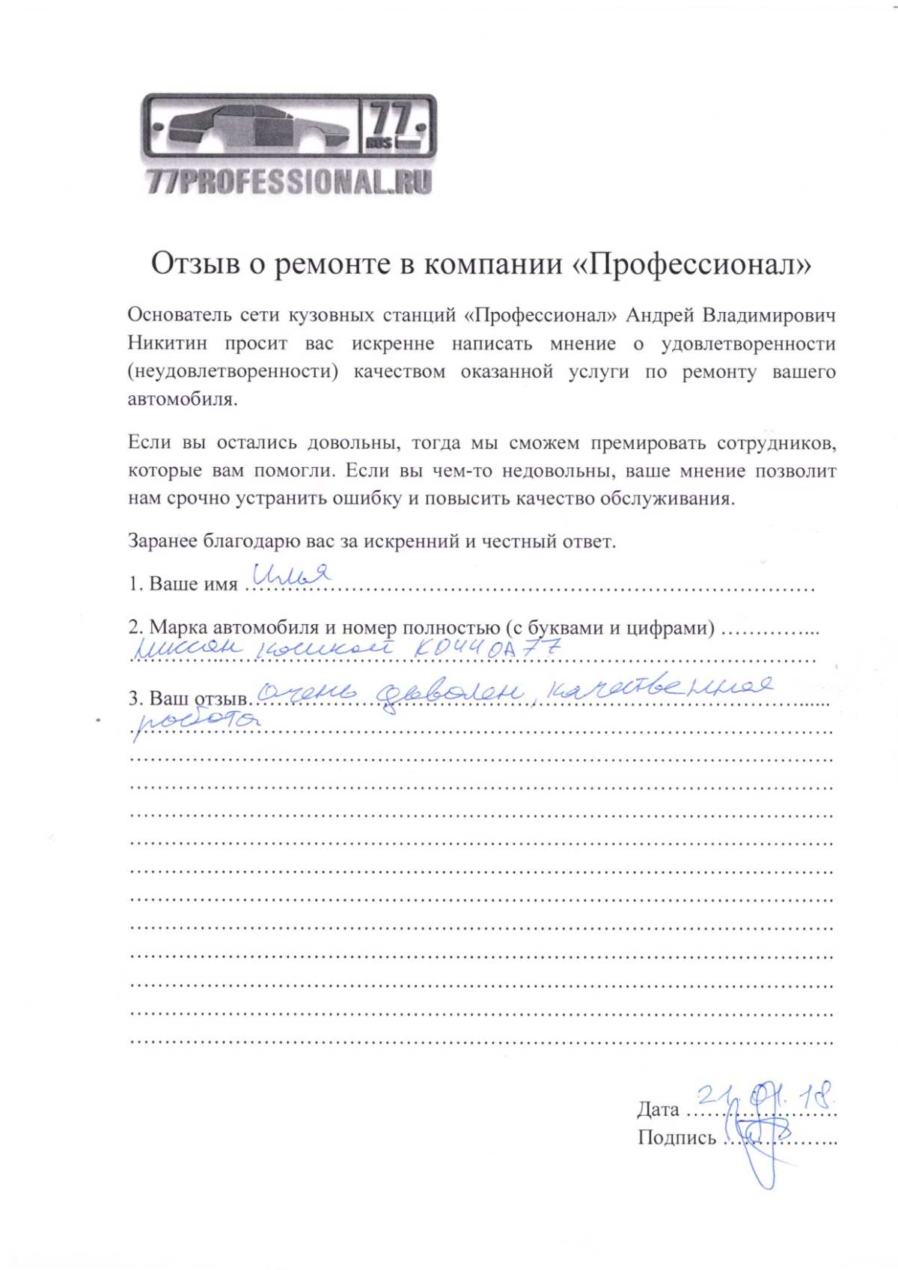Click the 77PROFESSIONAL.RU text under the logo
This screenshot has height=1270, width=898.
point(290,182)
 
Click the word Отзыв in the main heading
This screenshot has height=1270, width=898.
point(195,264)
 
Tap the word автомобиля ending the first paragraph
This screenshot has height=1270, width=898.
point(183,399)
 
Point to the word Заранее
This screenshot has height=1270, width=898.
point(162,541)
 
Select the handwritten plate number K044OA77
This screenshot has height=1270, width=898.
point(486,649)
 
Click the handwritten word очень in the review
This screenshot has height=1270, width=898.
point(306,695)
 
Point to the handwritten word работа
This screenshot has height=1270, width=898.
point(198,720)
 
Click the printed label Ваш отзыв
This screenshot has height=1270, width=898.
point(198,698)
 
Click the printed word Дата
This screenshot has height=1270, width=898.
point(658,1109)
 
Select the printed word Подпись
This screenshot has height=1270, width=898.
point(676,1138)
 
